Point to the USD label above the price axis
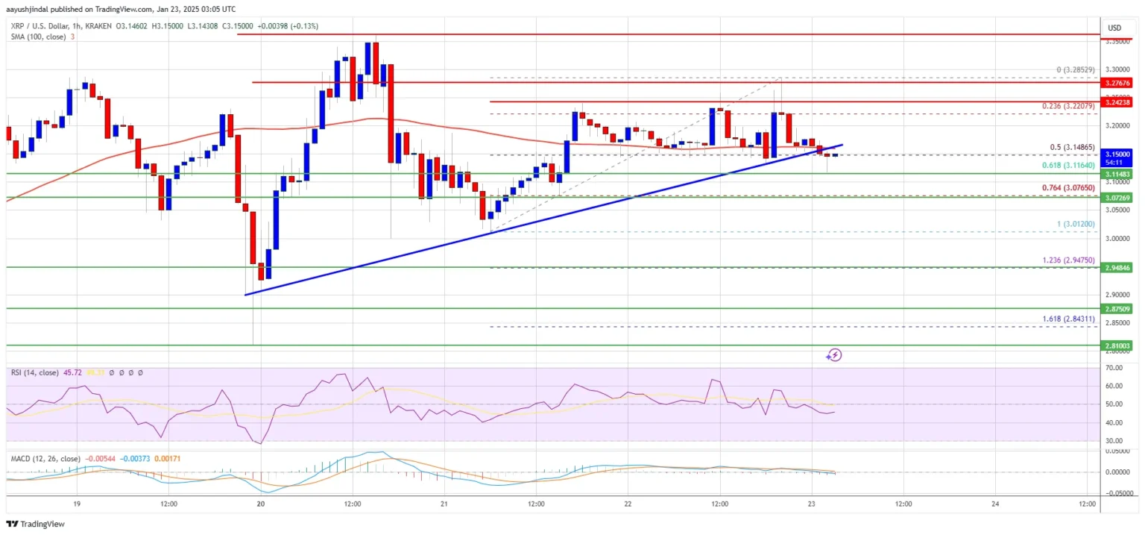(x=1114, y=28)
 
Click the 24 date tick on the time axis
(x=996, y=504)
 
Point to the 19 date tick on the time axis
(x=78, y=504)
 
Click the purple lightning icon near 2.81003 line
(x=834, y=355)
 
